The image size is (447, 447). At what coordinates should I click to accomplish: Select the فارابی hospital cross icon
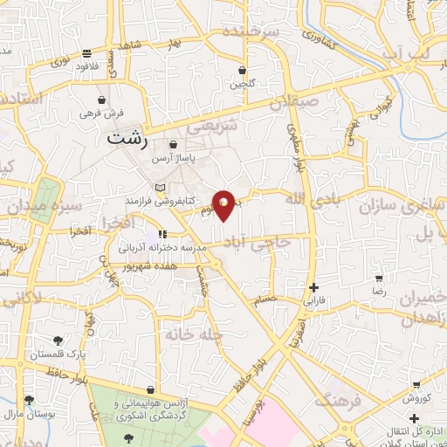tap(313, 287)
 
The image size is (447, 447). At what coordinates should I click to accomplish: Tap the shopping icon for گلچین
tap(242, 70)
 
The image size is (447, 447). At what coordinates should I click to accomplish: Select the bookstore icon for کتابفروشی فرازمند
tap(159, 188)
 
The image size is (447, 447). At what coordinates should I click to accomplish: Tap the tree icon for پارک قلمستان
tap(58, 340)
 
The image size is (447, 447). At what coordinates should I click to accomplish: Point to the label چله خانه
tap(194, 334)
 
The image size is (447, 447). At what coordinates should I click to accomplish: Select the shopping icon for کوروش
tap(417, 384)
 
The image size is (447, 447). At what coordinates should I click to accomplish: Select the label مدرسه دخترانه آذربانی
tap(162, 248)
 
